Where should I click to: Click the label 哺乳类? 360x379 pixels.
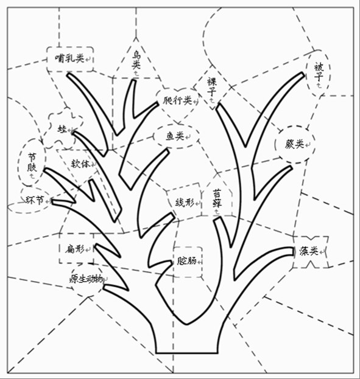click(69, 58)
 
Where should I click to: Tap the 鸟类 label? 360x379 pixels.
click(136, 60)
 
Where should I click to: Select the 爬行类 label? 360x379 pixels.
click(177, 100)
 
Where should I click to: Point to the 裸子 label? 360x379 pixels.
click(211, 86)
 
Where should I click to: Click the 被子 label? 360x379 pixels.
click(319, 72)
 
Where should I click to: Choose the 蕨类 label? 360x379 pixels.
click(294, 144)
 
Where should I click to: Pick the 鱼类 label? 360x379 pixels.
click(175, 136)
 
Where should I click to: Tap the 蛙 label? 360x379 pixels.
click(62, 129)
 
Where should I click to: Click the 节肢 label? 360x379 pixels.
click(32, 162)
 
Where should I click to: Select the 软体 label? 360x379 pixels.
click(80, 164)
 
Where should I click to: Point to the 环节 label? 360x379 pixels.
click(35, 200)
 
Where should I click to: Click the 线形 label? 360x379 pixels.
click(185, 203)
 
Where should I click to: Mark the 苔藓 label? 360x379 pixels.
click(217, 199)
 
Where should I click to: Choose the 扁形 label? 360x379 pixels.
click(74, 249)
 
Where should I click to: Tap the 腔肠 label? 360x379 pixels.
click(186, 261)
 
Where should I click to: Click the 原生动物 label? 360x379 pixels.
click(86, 279)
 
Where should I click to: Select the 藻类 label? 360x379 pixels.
click(308, 251)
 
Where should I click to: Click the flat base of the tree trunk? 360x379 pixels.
click(186, 353)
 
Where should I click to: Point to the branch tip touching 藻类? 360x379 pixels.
click(293, 251)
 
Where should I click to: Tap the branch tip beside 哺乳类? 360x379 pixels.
click(69, 75)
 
